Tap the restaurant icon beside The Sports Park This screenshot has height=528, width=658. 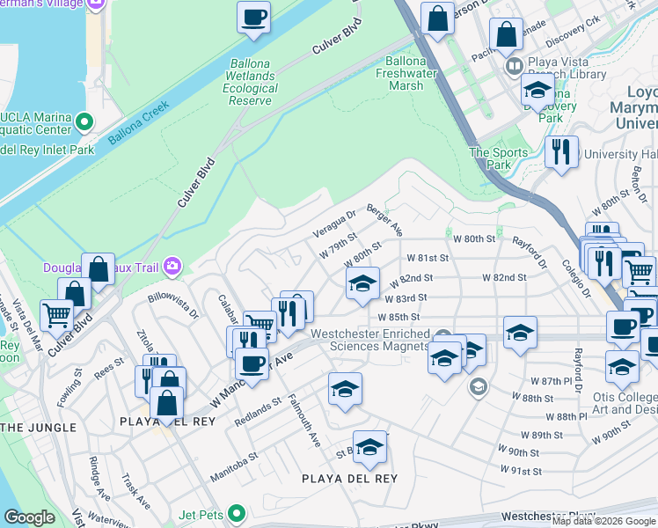coord(560,151)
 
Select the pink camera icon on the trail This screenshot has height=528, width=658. coord(172,265)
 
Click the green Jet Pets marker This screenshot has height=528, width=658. coord(235,512)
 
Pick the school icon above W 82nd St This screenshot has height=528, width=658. coord(362,284)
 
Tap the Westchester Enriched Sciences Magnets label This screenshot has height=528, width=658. coord(380,340)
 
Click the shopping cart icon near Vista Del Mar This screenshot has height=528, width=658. coord(57,313)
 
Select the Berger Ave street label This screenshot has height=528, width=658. coord(384,223)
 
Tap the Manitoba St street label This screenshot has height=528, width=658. coord(233,468)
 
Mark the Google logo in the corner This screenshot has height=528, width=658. coord(30,517)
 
